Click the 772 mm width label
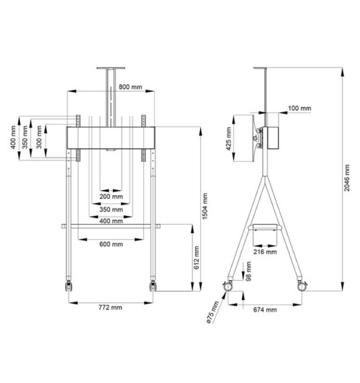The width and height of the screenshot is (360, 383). (x=111, y=307)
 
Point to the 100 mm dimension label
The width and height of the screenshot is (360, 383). (x=298, y=108)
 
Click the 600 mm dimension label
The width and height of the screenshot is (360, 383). (x=111, y=244)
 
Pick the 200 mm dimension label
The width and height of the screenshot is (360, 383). (x=111, y=197)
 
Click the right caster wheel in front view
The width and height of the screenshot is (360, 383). (x=153, y=286)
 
